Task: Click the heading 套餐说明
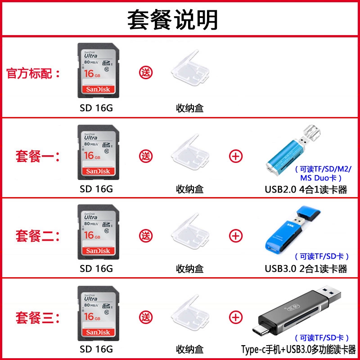pos(173,19)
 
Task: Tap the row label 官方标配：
pos(34,73)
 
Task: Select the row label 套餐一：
pos(38,157)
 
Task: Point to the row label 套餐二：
pos(38,235)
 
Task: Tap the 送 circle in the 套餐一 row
pos(146,157)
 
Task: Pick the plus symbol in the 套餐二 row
pos(236,235)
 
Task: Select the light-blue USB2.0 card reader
pos(290,150)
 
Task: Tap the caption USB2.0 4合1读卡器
pos(306,189)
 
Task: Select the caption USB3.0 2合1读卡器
pos(306,269)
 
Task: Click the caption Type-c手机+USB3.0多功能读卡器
pos(298,349)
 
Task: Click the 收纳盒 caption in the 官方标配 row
pos(189,108)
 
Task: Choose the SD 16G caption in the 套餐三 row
pos(96,349)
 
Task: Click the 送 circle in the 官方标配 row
pos(146,72)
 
